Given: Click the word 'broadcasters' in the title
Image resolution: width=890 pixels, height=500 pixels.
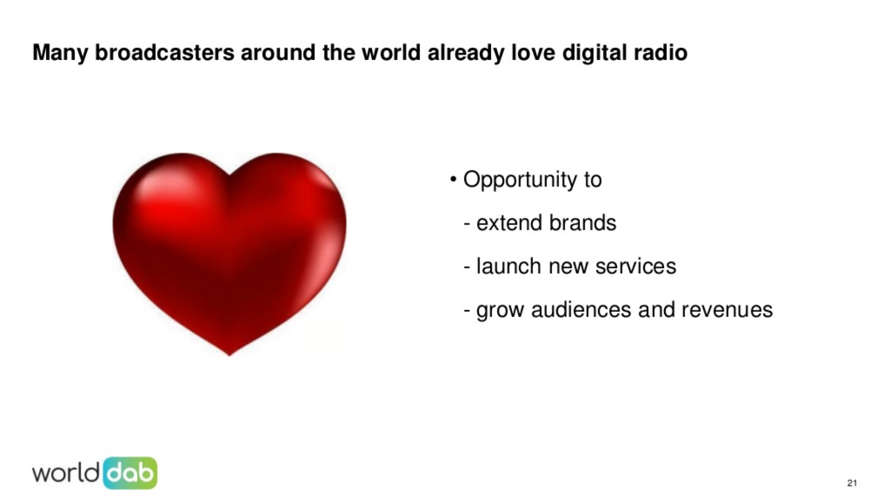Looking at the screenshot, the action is coord(165,52).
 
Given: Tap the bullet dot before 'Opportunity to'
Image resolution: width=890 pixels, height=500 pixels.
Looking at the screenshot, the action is coord(453,179).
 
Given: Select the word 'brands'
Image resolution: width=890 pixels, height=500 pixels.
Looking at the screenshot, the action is coord(582,223).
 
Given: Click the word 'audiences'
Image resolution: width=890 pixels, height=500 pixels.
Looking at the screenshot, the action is coord(581,310).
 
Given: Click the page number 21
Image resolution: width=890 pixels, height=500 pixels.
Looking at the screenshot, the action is coord(852,483).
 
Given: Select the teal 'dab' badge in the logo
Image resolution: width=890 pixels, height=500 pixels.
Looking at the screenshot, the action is coord(130,473).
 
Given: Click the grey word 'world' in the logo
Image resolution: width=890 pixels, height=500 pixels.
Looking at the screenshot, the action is coord(66,474).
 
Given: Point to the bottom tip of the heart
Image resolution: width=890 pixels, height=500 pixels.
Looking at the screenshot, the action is coord(229,356).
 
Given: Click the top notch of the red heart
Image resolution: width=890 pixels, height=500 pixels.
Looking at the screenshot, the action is coord(230,176).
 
